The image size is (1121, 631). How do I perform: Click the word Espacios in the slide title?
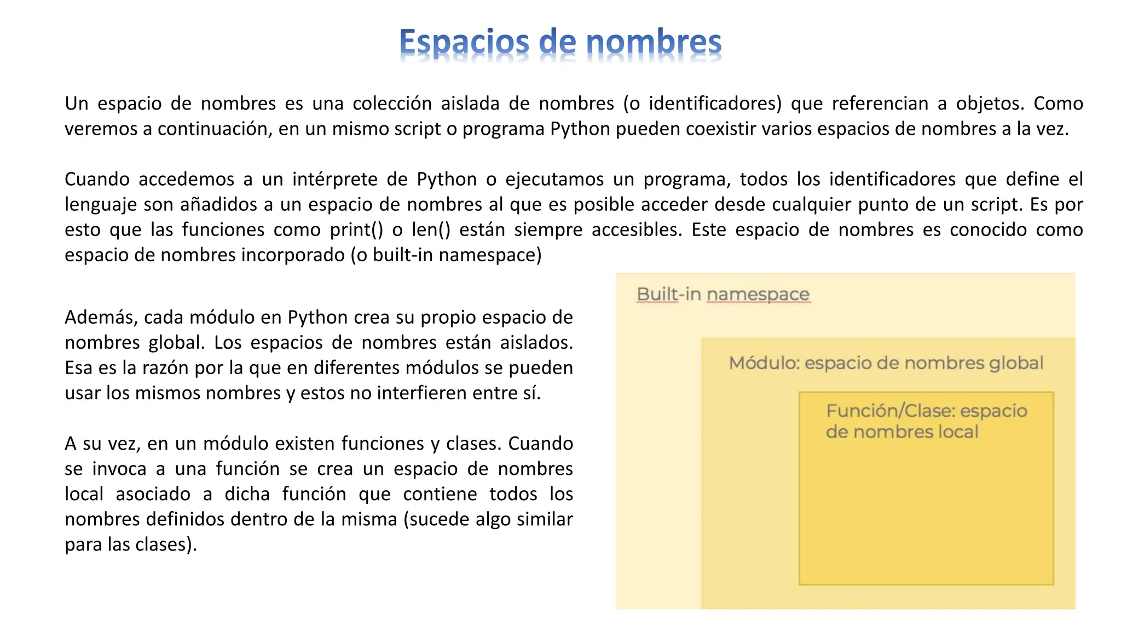464,43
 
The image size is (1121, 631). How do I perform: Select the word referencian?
881,104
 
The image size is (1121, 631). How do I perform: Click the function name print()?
356,230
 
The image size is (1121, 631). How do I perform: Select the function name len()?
431,230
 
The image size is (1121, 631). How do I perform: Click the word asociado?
153,494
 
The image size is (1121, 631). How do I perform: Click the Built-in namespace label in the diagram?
723,295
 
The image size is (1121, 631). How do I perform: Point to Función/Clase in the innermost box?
890,411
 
